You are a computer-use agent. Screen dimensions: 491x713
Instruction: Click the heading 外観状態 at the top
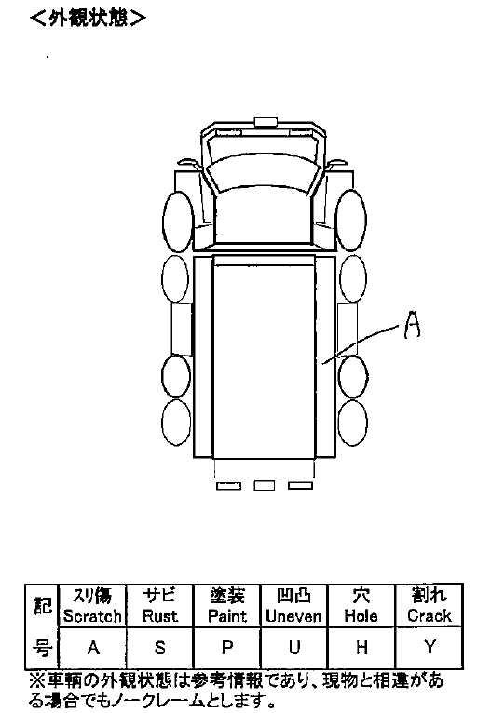coord(88,20)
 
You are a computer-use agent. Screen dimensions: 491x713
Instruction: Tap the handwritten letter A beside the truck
coord(413,324)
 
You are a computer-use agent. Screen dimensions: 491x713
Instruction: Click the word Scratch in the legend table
coord(92,616)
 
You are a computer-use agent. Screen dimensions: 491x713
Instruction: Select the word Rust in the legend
coord(159,616)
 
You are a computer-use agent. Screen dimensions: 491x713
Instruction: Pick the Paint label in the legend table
coord(227,616)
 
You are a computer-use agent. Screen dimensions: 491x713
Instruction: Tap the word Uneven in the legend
coord(294,616)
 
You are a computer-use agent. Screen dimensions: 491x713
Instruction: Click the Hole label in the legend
coord(361,616)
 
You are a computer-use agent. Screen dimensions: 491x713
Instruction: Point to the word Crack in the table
coord(430,616)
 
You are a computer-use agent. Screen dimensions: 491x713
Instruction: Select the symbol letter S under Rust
coord(159,647)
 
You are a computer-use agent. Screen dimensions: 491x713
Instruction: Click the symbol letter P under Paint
coord(227,647)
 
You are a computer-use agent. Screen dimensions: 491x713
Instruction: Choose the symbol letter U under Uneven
coord(294,647)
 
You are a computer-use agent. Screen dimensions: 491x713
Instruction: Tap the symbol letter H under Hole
coord(361,647)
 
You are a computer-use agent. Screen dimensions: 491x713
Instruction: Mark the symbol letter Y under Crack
coord(430,647)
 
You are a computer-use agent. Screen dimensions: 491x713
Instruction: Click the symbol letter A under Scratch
coord(93,647)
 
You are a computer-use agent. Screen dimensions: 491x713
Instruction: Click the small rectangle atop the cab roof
coord(266,121)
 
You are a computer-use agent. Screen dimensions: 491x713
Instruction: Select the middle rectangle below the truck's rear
coord(264,485)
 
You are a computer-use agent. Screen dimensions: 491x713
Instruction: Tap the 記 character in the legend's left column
coord(42,605)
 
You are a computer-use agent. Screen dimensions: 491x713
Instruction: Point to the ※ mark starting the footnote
coord(37,680)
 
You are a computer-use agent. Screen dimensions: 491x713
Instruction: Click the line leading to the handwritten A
coord(361,344)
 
